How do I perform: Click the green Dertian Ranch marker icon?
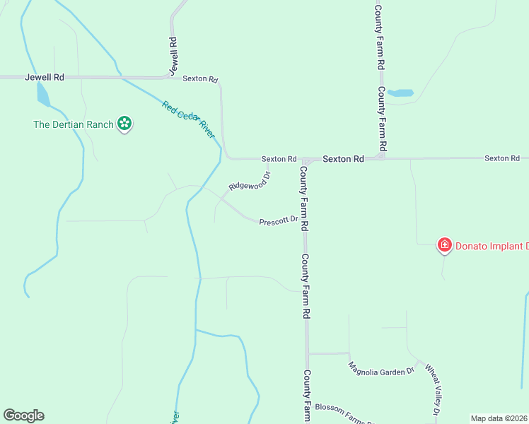124,124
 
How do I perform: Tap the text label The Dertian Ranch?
74,125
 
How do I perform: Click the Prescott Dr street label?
278,221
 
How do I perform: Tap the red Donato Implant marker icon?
445,245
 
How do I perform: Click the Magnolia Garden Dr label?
380,369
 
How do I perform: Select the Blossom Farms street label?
344,413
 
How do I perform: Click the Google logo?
23,416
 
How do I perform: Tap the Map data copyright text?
499,418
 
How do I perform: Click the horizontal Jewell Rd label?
45,77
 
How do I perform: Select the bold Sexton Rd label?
343,159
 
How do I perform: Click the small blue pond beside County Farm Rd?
401,93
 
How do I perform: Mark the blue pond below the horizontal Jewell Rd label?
43,94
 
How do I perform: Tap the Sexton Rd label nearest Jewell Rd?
200,79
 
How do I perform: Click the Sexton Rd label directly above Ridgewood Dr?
279,159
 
